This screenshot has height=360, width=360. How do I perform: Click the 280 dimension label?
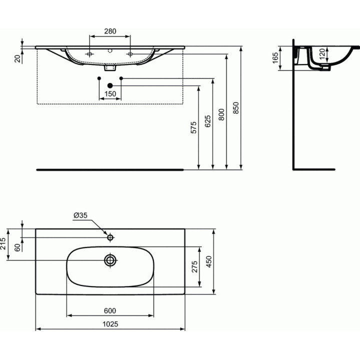click(109, 31)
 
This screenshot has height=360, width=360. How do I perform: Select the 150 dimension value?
click(110, 94)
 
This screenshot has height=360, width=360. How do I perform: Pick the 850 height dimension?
click(236, 107)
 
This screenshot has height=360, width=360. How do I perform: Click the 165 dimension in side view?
click(275, 57)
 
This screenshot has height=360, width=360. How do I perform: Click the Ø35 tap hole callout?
click(80, 215)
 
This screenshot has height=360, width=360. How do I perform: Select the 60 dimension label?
click(17, 248)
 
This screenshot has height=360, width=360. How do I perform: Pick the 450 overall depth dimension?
click(209, 260)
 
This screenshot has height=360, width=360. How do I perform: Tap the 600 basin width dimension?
click(110, 310)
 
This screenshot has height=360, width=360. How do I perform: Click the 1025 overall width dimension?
click(110, 324)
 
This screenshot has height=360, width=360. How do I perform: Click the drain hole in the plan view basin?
click(110, 259)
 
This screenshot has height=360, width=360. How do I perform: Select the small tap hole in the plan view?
click(110, 236)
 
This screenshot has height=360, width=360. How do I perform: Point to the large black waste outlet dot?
click(110, 86)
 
